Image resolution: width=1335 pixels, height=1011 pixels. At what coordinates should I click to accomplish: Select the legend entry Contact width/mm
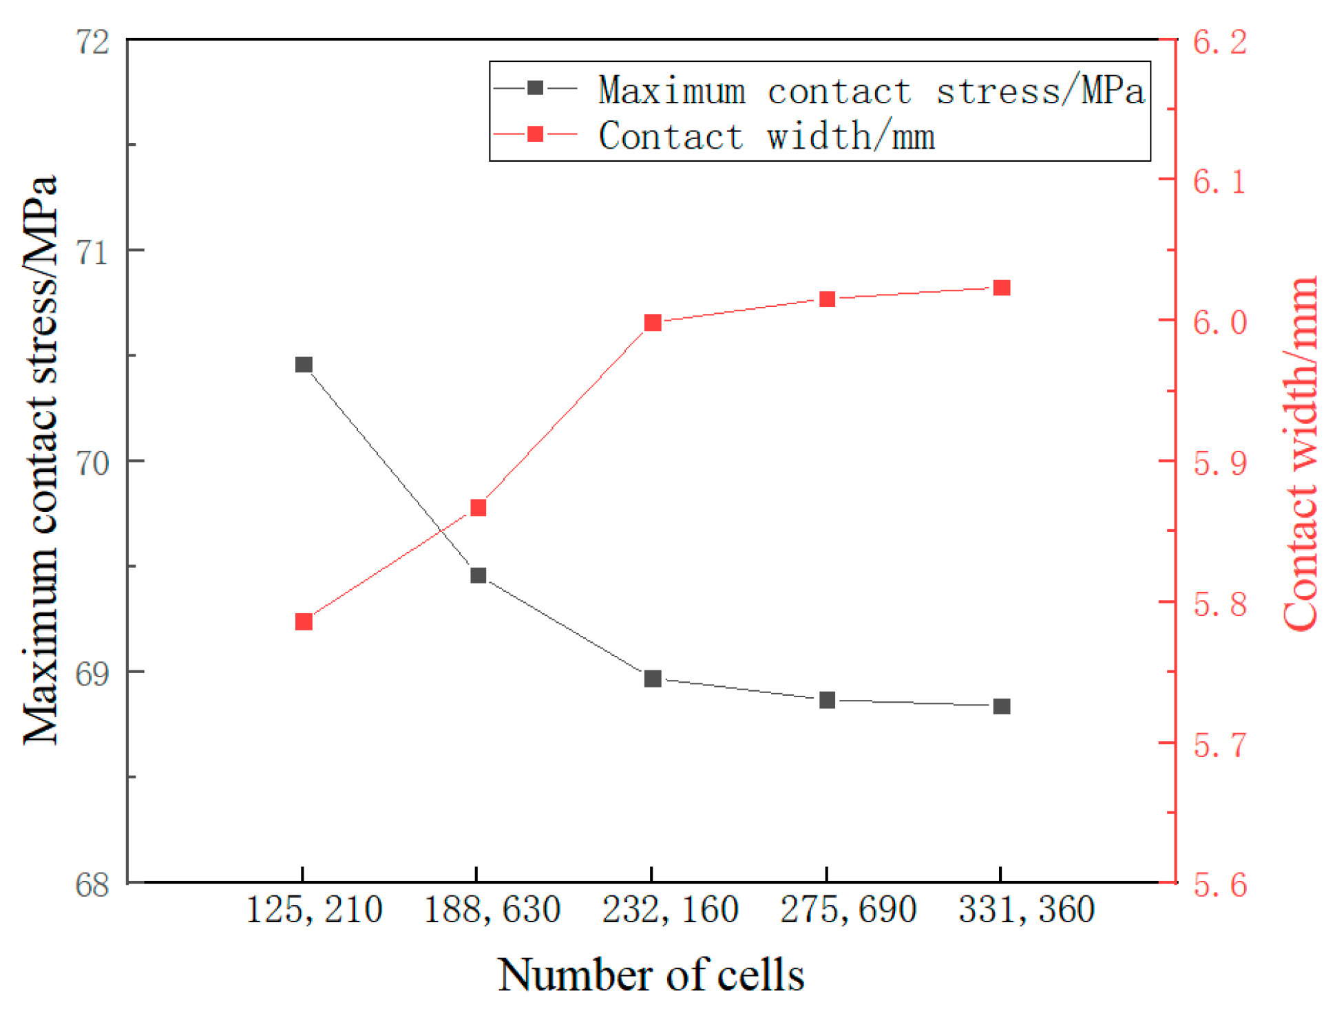click(x=766, y=136)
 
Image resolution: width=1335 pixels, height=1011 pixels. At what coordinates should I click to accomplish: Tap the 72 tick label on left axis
click(x=92, y=43)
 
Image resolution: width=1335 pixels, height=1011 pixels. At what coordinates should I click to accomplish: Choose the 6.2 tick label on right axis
click(x=1219, y=43)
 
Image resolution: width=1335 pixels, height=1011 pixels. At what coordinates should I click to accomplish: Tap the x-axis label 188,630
click(x=492, y=911)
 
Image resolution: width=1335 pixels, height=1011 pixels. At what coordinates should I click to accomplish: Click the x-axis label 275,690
click(x=848, y=911)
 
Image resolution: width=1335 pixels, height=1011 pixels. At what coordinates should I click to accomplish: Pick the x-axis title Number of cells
click(x=651, y=975)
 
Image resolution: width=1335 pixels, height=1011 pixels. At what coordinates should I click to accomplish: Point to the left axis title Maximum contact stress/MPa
click(x=40, y=460)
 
